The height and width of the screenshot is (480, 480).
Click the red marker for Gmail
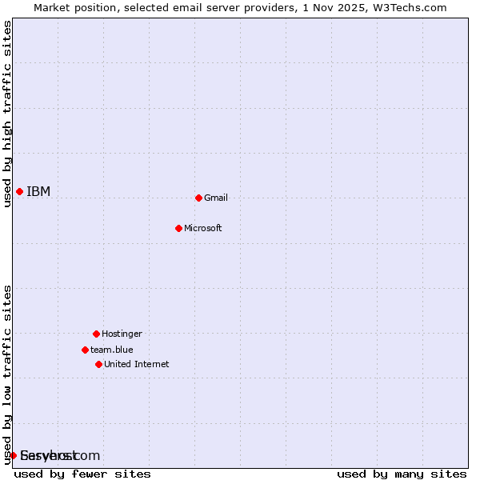[198, 198]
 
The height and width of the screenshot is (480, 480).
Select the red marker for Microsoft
[178, 228]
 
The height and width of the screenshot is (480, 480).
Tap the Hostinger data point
[96, 334]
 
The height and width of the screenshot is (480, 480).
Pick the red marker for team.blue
[85, 350]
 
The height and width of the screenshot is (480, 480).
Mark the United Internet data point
[98, 364]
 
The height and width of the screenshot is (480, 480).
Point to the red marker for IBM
[19, 191]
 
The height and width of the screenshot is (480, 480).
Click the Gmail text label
[216, 198]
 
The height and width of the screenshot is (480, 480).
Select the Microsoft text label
[203, 228]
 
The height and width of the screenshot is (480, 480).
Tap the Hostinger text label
[122, 334]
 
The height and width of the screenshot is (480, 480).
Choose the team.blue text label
[112, 350]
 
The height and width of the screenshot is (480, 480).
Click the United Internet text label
[137, 364]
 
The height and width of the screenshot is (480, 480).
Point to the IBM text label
[38, 191]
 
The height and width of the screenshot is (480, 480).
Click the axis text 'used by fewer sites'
[82, 474]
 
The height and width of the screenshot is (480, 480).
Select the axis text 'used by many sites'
[402, 474]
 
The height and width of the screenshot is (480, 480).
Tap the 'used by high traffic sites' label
[8, 114]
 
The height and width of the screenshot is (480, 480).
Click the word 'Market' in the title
[52, 7]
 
